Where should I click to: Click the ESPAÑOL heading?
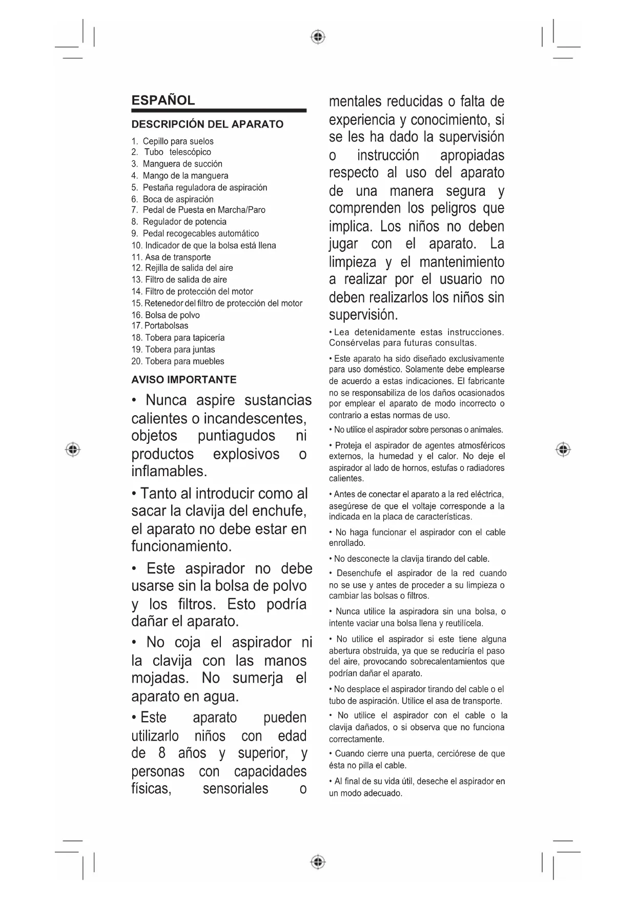coord(163,100)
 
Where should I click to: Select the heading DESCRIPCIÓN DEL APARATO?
coord(207,125)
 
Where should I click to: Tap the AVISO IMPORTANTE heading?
coord(184,380)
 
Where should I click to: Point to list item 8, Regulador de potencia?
coord(184,222)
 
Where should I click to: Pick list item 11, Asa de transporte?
coord(177,257)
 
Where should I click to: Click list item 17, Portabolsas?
coord(166,326)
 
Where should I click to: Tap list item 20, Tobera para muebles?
coord(184,361)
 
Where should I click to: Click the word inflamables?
coord(169,471)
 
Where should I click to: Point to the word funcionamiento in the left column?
coord(181,546)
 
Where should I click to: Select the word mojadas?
coord(160,678)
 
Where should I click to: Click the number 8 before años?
coord(162,753)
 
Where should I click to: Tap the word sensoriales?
coord(235,789)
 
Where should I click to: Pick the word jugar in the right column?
coord(343,244)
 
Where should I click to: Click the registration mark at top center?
coord(318,37)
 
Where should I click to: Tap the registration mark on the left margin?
coord(73,449)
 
